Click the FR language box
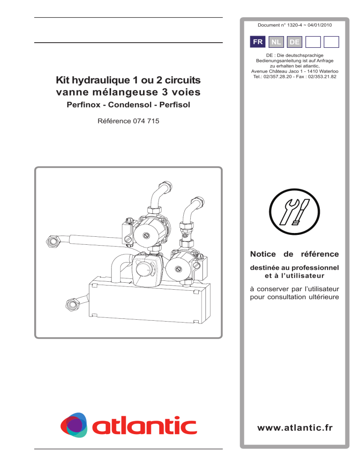click(x=257, y=42)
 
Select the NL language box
click(x=276, y=42)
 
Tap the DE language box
click(x=294, y=42)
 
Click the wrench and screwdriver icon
click(x=294, y=211)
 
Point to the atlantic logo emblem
click(x=74, y=425)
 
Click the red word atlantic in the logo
click(x=144, y=426)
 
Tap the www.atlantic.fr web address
click(x=295, y=428)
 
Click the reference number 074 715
click(x=146, y=121)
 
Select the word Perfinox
click(x=83, y=105)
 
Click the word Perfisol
click(x=175, y=105)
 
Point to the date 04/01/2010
click(x=320, y=25)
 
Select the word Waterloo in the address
click(x=329, y=71)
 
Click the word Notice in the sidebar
click(x=263, y=254)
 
